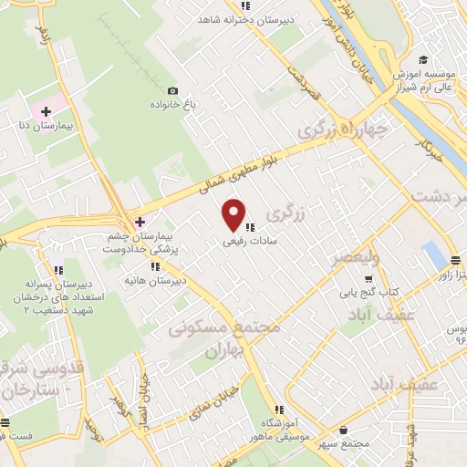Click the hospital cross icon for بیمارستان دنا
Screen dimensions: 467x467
46,111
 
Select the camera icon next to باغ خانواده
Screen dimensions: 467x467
173,91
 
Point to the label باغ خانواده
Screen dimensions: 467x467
150,104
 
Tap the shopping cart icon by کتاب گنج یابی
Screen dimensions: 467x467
368,278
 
